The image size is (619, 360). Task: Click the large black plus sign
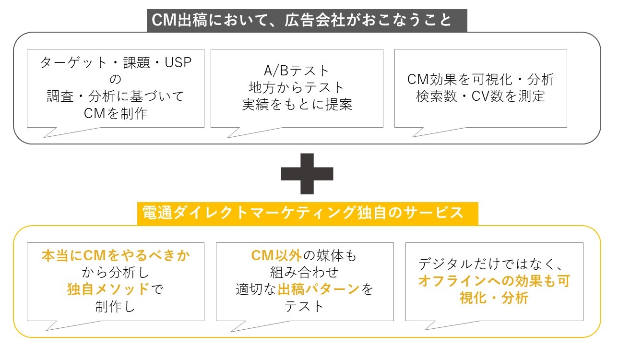click(x=307, y=173)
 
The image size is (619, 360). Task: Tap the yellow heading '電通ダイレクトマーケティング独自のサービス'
click(x=307, y=212)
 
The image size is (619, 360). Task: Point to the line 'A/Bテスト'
click(x=297, y=71)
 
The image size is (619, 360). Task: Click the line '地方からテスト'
click(x=297, y=88)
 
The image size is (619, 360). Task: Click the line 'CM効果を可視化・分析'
click(x=480, y=79)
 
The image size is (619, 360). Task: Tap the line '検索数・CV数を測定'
click(x=480, y=96)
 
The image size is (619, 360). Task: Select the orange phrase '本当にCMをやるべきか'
click(x=116, y=256)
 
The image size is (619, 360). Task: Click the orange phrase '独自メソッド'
click(x=108, y=289)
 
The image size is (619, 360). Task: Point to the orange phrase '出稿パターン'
click(x=319, y=289)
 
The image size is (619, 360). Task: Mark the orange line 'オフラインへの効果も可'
click(x=494, y=281)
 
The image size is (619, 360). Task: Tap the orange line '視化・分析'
click(x=494, y=298)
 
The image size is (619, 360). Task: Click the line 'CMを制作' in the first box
click(x=116, y=113)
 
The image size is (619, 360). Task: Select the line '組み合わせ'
click(x=304, y=273)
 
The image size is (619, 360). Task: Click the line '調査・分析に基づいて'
click(x=116, y=96)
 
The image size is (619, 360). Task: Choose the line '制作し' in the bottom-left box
click(x=116, y=306)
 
